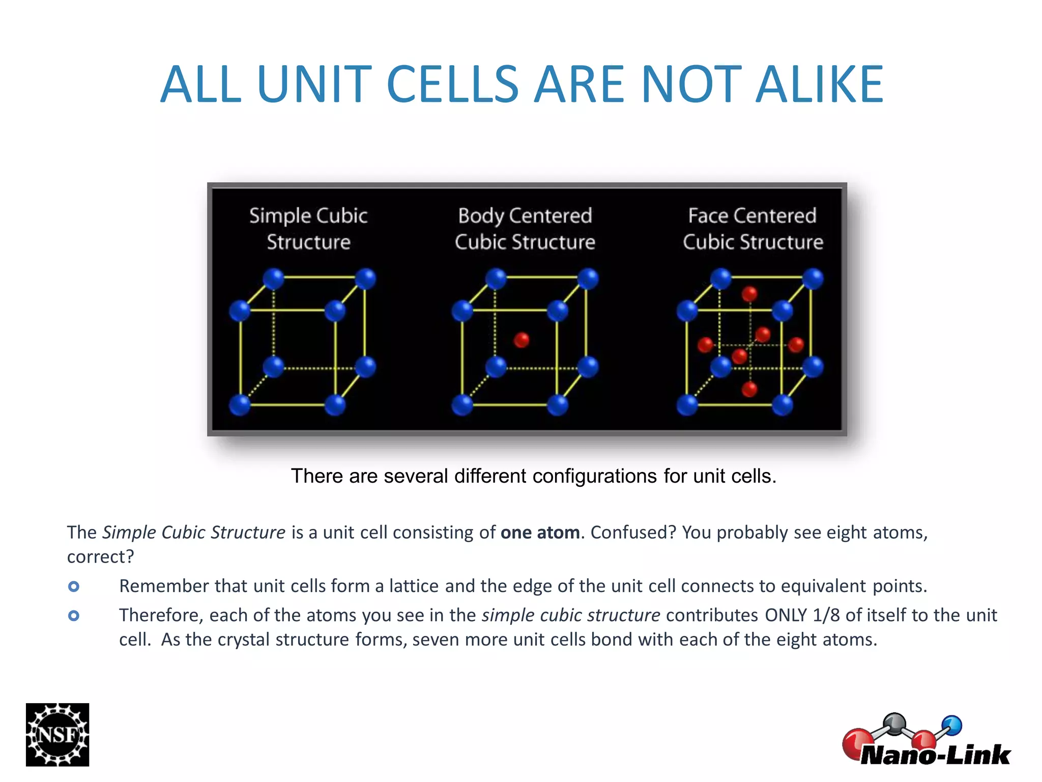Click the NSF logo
57,734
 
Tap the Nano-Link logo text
935,755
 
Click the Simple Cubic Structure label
308,229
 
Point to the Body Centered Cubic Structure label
525,229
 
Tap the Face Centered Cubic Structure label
752,229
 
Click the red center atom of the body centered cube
521,340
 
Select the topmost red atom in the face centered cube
749,294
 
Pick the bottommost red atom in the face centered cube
749,389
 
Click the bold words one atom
540,533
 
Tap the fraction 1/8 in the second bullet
826,615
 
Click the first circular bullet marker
74,586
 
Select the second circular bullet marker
74,616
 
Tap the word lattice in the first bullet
414,586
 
